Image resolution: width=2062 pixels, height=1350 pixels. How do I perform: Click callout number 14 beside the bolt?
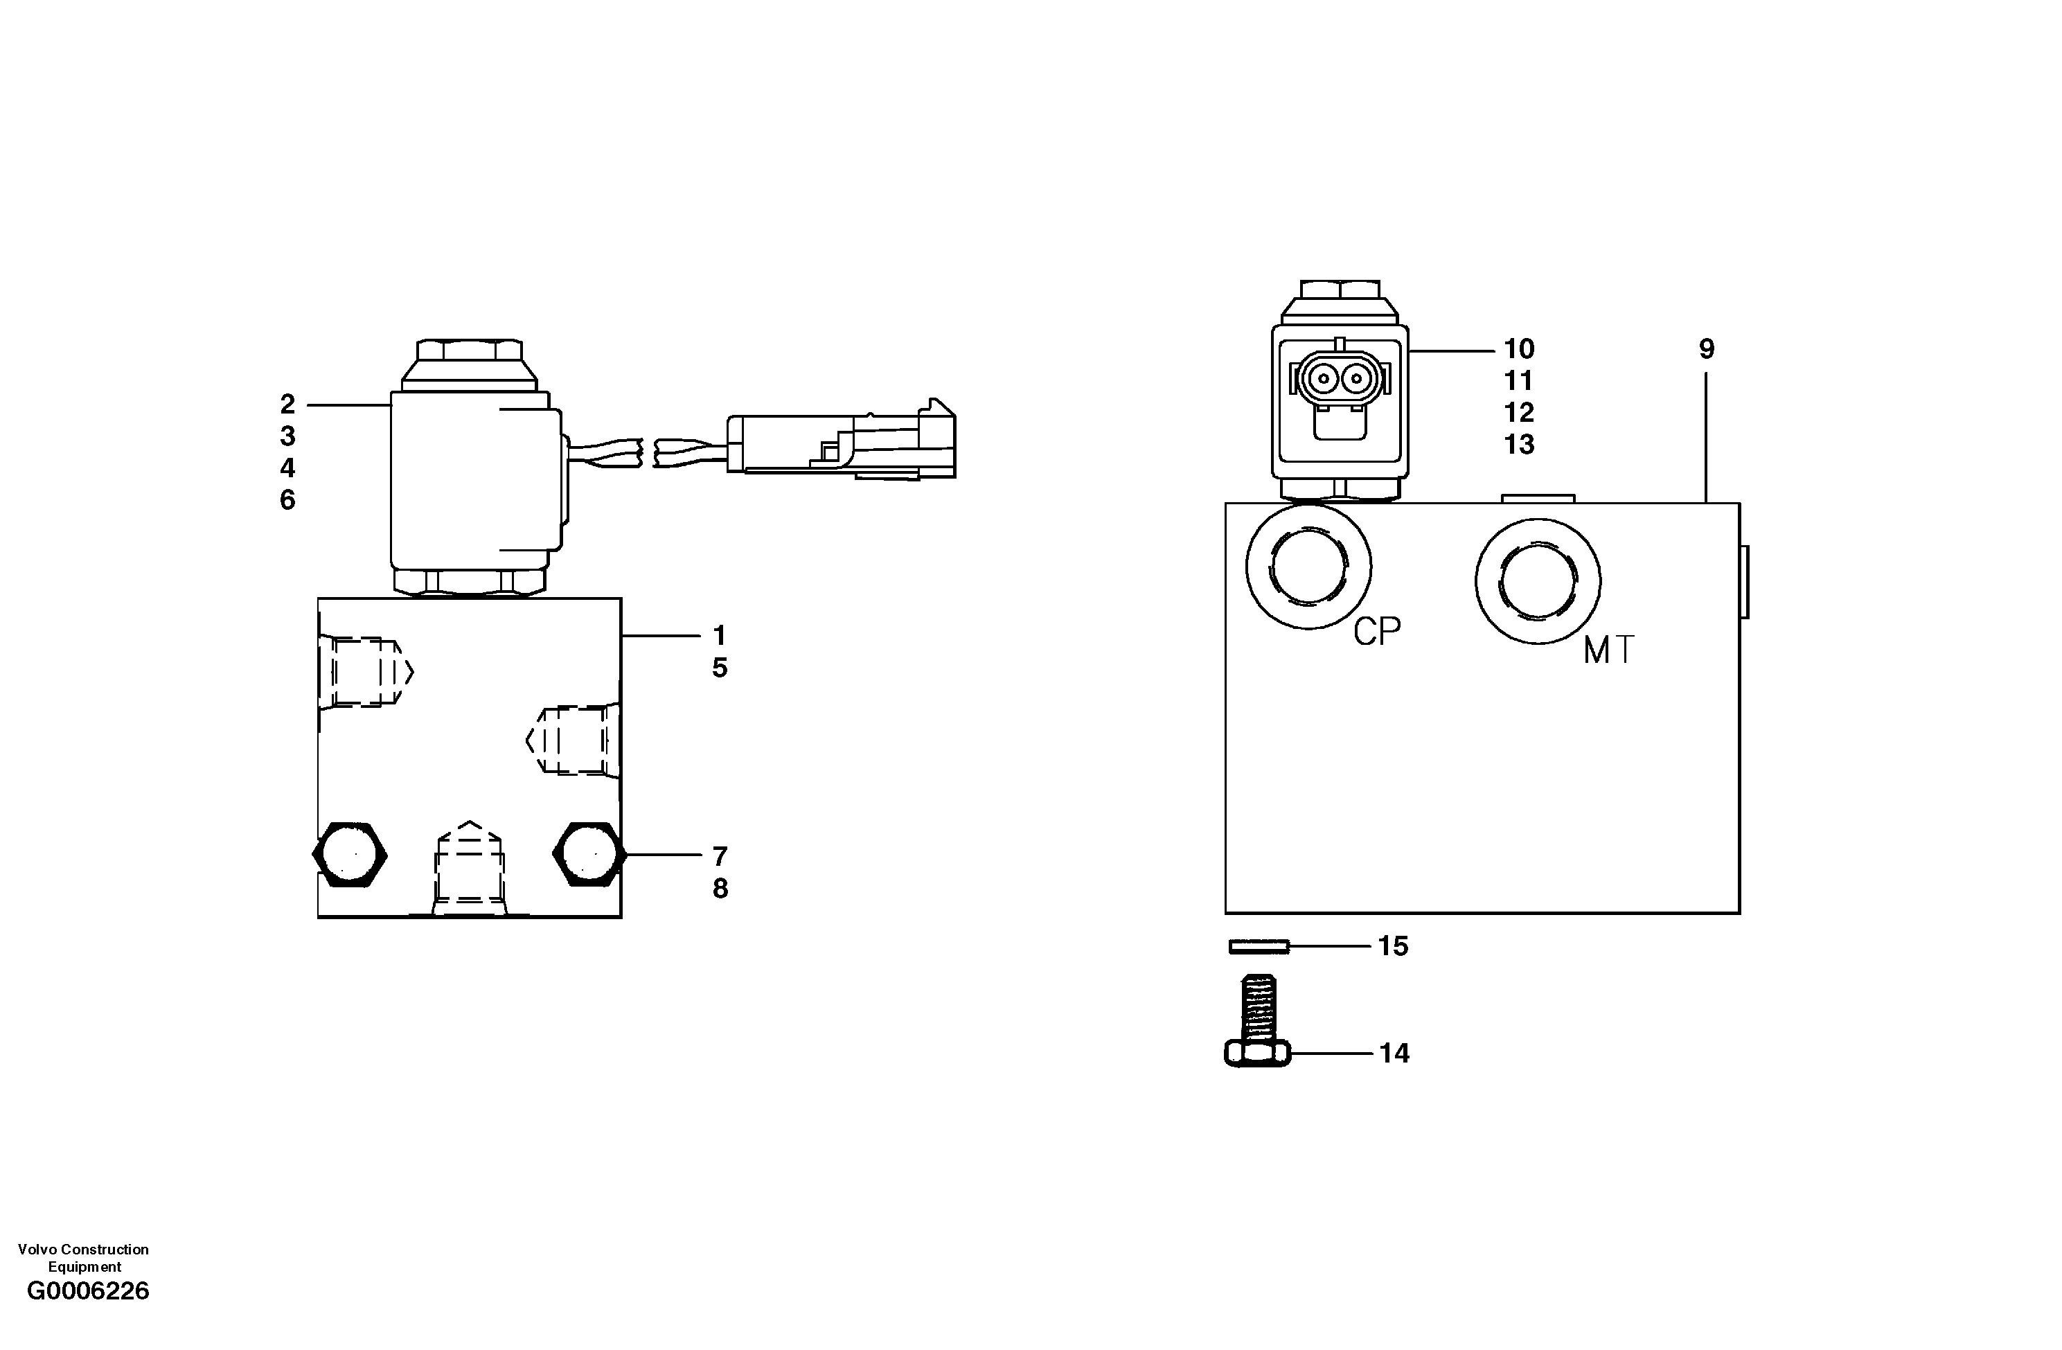pos(1394,1054)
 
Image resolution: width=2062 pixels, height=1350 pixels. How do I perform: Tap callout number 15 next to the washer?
pos(1393,946)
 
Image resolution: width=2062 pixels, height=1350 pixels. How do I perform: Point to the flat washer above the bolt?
pos(1259,947)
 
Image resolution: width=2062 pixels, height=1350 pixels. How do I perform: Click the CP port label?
pos(1377,632)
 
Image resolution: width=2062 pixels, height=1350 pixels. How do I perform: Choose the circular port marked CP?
pos(1308,567)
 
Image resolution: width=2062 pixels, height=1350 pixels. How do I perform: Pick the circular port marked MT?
pos(1538,581)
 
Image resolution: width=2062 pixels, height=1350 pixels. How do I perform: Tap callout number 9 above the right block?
pos(1706,349)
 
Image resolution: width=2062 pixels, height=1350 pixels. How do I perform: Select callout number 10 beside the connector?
pos(1519,349)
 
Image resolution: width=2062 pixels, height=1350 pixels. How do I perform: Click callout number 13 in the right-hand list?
pos(1519,445)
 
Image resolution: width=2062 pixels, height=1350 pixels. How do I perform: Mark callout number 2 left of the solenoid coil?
pos(287,404)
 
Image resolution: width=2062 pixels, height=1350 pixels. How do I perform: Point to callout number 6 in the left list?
pos(287,500)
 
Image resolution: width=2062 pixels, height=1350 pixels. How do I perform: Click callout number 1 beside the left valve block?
pos(719,636)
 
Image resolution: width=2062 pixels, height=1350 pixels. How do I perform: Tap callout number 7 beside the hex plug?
pos(720,856)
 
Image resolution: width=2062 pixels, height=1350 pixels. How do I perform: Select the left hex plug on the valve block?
pos(349,854)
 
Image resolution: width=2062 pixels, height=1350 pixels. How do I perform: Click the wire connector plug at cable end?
pos(840,445)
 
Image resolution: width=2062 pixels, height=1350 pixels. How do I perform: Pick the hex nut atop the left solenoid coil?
pos(470,351)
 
